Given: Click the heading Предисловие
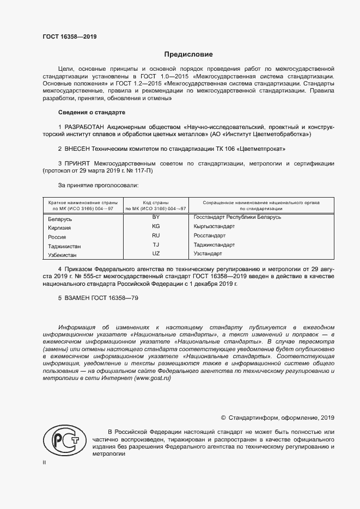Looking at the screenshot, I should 188,55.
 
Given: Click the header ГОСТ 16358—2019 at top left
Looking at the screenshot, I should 70,37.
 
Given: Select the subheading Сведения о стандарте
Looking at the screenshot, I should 91,112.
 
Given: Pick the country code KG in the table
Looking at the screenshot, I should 156,225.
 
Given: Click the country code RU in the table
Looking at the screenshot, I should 156,235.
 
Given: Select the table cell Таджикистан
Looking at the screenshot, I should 65,247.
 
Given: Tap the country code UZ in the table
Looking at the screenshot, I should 156,254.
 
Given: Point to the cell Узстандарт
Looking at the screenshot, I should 208,254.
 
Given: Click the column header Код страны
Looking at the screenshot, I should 155,203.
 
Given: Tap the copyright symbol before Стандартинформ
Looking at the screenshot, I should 223,418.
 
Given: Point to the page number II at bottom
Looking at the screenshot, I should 44,462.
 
